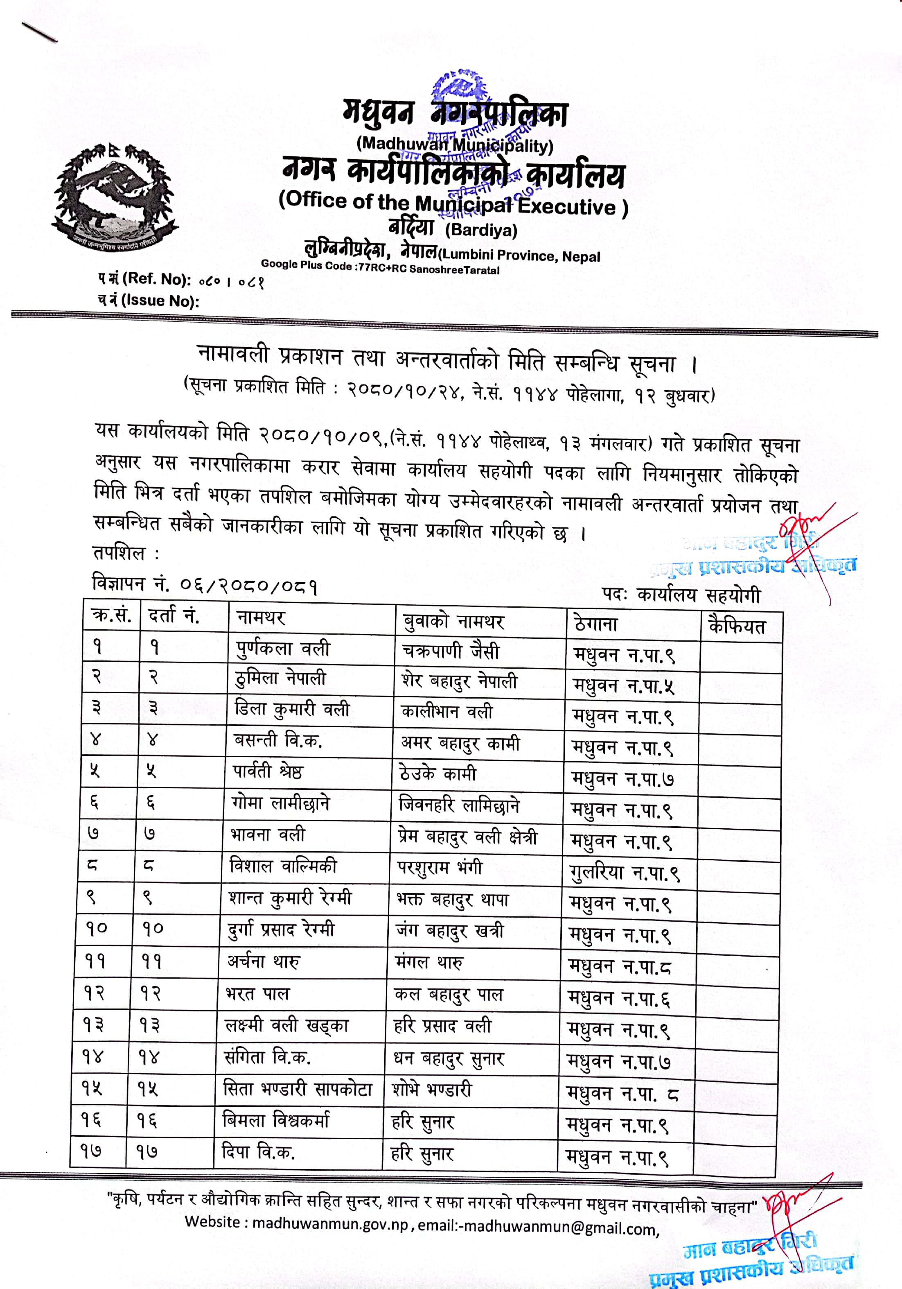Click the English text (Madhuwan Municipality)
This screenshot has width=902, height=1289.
[455, 144]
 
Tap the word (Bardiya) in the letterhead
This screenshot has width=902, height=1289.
[481, 230]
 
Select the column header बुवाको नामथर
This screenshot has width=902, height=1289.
[453, 621]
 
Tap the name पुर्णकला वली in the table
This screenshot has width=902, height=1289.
[282, 649]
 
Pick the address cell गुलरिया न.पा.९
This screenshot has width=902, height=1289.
[624, 873]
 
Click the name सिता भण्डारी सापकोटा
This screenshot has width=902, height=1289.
[298, 1090]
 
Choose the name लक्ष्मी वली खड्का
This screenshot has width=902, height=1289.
[286, 1026]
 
